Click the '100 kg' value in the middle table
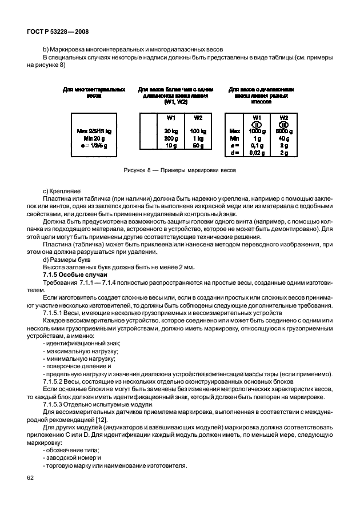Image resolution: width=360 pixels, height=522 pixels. (x=198, y=131)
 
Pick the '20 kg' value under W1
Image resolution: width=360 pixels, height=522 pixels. (x=170, y=131)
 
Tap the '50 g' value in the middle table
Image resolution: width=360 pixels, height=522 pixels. (x=198, y=146)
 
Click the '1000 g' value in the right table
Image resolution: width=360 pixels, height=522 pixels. (x=257, y=131)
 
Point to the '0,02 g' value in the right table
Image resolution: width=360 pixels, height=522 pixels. (x=257, y=153)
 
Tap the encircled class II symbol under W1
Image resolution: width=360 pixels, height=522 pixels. (x=257, y=124)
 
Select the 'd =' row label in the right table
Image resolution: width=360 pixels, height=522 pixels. (x=234, y=153)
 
